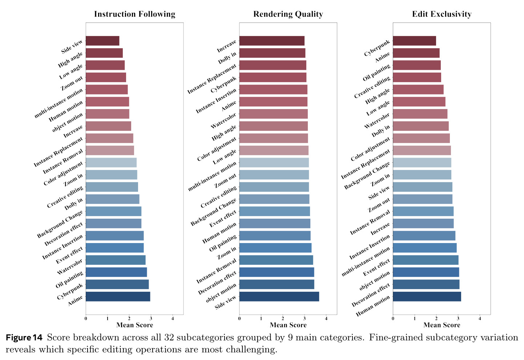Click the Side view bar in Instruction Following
[102, 41]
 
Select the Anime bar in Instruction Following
[118, 296]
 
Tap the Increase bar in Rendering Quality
[272, 41]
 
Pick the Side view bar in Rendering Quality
[279, 296]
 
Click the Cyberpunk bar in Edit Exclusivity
[414, 41]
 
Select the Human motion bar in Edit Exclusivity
[427, 296]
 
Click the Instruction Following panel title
[135, 14]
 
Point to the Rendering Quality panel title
[288, 14]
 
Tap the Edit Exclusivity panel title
[442, 14]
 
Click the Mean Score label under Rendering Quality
[288, 325]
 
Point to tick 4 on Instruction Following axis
[173, 318]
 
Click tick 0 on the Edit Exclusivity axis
[393, 318]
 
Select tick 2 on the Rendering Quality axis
[283, 318]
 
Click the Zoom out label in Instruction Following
[72, 84]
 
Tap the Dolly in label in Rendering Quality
[227, 58]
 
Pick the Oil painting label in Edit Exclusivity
[376, 73]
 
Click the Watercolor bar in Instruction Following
[116, 260]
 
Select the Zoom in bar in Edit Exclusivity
[422, 175]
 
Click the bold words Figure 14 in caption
[24, 337]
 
